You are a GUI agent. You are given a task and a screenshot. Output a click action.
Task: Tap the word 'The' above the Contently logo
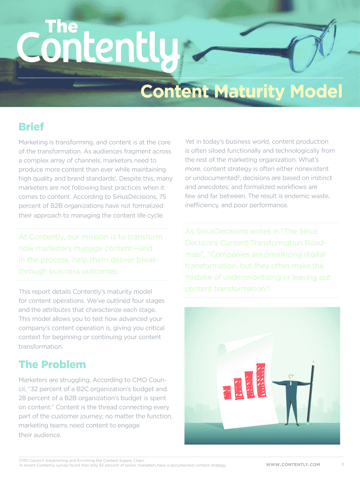(61, 26)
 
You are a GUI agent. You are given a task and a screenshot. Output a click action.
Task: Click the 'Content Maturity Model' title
(242, 91)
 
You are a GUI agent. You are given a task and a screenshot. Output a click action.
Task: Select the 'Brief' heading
(31, 127)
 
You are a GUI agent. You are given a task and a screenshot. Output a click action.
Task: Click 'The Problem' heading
(52, 364)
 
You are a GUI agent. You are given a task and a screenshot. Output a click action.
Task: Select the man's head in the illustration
(291, 377)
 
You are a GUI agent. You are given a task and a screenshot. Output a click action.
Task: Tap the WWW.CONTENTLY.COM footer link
(293, 464)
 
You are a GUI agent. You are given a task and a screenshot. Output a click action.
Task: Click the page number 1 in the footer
(343, 464)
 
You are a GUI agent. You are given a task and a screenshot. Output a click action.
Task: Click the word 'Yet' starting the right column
(190, 141)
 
